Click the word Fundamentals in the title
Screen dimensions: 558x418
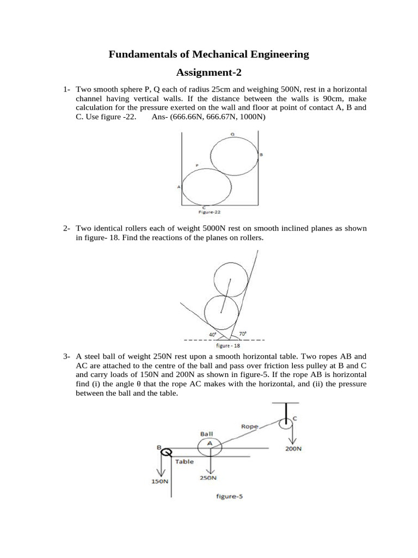coord(143,54)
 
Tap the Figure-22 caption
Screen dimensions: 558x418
coord(208,213)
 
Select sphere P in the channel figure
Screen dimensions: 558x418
coord(206,186)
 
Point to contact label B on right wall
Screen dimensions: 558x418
coord(261,155)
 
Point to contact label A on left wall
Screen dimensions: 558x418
coord(179,186)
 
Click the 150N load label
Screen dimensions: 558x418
coord(160,482)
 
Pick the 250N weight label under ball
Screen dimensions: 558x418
coord(208,477)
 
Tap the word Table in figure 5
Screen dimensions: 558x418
coord(185,460)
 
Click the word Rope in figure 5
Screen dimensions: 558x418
coord(250,426)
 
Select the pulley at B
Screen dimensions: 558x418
coord(167,451)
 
